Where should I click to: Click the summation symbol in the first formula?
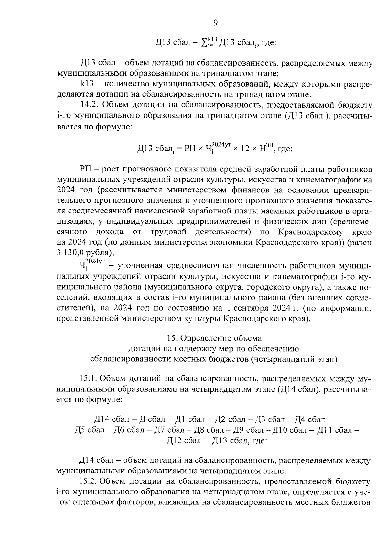point(204,43)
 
